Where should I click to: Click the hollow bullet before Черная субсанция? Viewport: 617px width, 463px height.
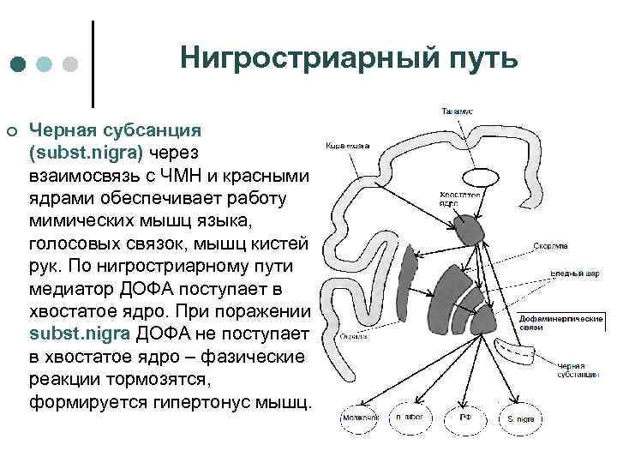(12, 130)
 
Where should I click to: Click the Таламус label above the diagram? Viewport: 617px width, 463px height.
(457, 111)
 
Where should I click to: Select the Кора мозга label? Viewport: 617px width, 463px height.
(347, 146)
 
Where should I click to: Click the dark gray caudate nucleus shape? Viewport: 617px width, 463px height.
(469, 229)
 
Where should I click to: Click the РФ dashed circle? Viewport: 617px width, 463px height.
(464, 418)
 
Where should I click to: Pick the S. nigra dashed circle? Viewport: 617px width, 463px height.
(519, 418)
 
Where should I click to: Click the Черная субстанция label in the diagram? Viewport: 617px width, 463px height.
(576, 370)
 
